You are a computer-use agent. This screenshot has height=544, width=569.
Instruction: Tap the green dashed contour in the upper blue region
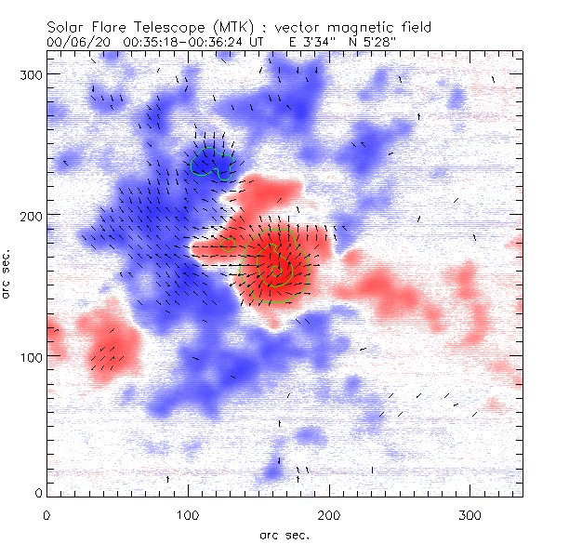(x=212, y=162)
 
